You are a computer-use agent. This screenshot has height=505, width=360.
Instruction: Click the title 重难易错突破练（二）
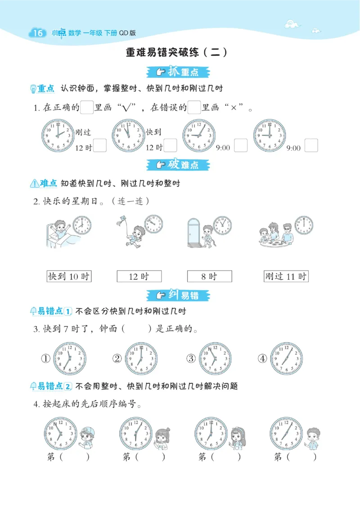(176, 52)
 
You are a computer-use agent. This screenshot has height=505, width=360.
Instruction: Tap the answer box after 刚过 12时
(100, 145)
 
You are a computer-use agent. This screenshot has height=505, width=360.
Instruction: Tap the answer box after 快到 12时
(170, 145)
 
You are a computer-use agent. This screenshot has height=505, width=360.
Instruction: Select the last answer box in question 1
(311, 145)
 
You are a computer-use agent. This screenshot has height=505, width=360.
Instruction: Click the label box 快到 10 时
(69, 276)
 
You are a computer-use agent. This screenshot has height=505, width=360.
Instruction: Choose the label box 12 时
(139, 276)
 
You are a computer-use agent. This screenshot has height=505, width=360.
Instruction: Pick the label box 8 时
(209, 276)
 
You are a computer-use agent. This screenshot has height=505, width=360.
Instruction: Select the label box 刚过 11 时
(286, 276)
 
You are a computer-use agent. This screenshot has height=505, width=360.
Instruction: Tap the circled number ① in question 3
(45, 359)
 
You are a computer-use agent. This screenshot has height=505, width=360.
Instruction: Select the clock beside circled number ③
(215, 359)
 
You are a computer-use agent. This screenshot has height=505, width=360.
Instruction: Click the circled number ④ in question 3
(262, 359)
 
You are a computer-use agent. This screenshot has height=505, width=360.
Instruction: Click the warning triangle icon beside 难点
(35, 184)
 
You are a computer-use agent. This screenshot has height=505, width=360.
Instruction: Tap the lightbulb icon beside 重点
(33, 89)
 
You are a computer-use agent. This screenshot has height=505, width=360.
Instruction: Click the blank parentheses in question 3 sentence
(137, 329)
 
